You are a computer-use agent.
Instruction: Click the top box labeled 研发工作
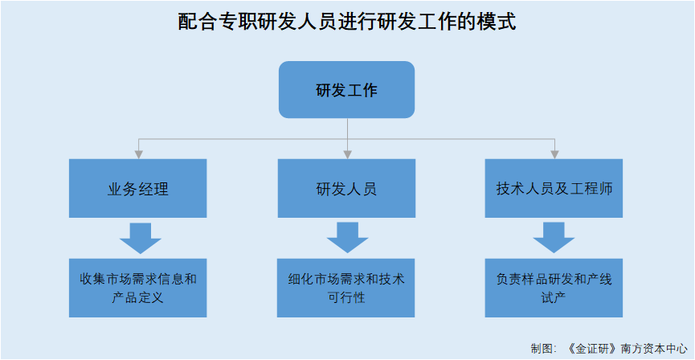click(x=346, y=89)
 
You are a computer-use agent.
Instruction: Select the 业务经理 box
click(x=138, y=189)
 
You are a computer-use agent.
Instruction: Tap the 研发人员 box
click(x=346, y=189)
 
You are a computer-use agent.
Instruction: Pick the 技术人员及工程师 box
click(x=554, y=189)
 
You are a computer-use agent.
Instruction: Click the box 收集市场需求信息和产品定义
click(x=138, y=287)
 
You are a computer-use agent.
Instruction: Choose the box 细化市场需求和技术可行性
click(x=346, y=287)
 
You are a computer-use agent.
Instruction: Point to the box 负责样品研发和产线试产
click(x=554, y=287)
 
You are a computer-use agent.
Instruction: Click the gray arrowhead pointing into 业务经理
click(x=139, y=153)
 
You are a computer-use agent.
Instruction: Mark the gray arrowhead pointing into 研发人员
click(x=347, y=153)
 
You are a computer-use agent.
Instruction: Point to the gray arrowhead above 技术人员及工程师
click(x=554, y=153)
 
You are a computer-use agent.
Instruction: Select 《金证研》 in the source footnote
click(x=591, y=349)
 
